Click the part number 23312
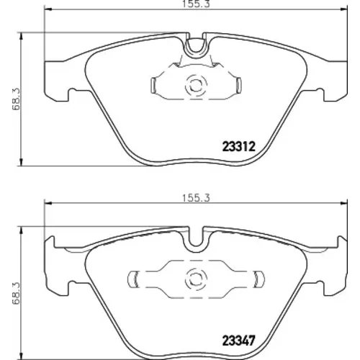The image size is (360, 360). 239,146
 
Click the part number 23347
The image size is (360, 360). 239,340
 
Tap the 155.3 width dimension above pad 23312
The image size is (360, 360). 196,4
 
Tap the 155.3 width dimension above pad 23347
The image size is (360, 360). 196,198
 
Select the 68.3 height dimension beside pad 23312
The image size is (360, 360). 16,99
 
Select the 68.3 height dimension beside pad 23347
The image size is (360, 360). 16,293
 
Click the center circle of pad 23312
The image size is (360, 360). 196,85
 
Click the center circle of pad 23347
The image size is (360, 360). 196,279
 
